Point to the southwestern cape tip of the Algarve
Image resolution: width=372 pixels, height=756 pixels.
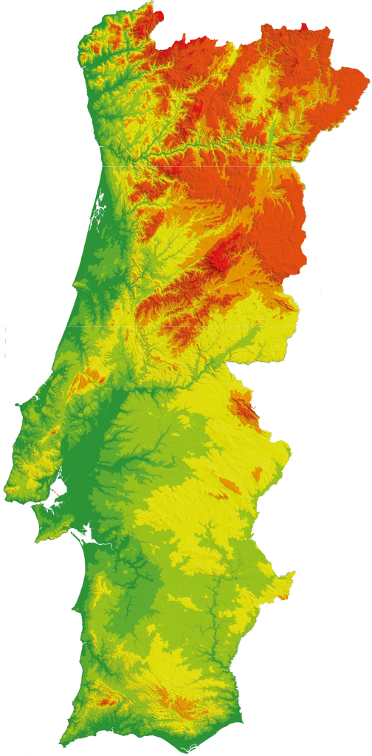[x=64, y=740]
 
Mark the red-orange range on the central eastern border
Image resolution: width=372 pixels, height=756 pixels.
[x=244, y=410]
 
